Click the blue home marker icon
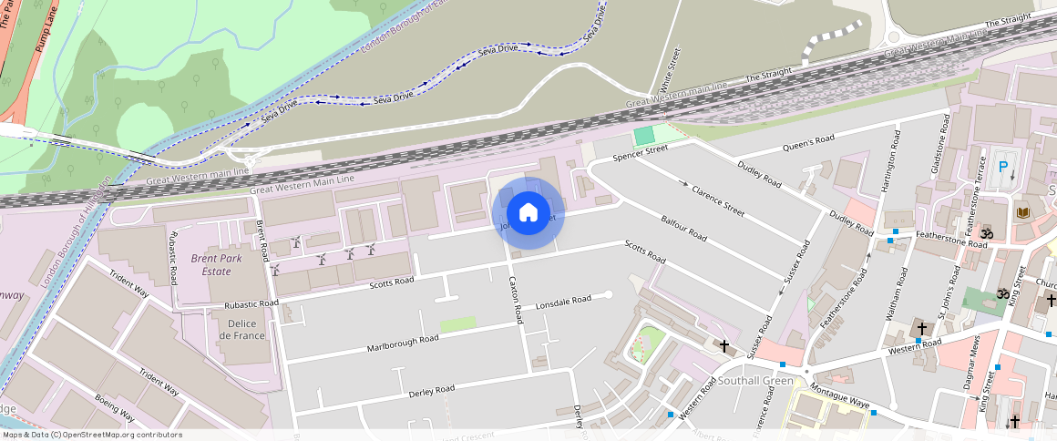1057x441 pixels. [x=528, y=213]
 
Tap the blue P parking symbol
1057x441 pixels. [x=1003, y=167]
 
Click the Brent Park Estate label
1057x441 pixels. [x=204, y=264]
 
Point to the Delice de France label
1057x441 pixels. [x=242, y=329]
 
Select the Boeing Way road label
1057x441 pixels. [x=115, y=409]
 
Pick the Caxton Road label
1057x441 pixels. [x=517, y=300]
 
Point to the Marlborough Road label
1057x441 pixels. [x=403, y=344]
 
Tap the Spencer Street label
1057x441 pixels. [x=640, y=153]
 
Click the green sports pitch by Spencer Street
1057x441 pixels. [x=645, y=136]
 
